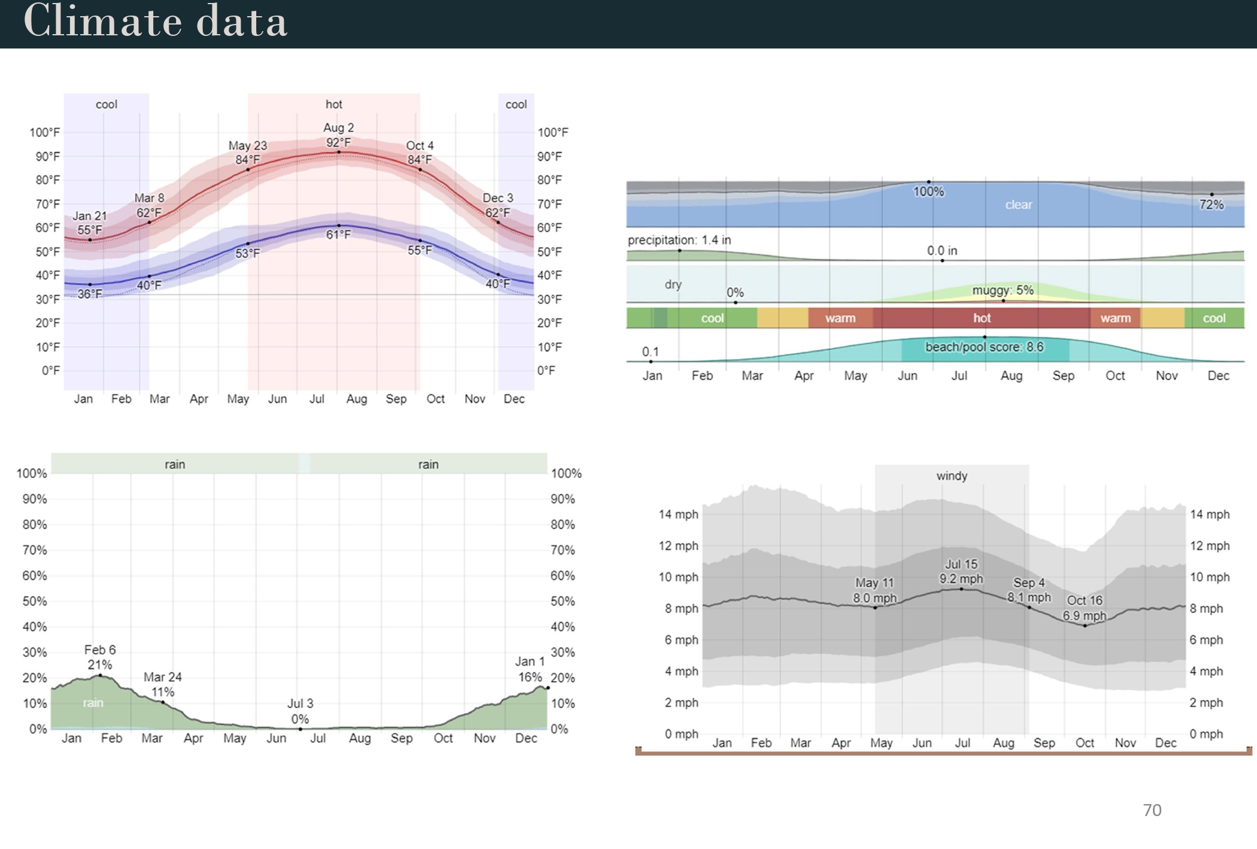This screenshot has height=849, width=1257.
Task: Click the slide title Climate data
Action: [x=155, y=22]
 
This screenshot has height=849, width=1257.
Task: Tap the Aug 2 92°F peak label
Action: [x=338, y=135]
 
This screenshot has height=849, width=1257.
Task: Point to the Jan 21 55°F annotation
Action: [x=90, y=223]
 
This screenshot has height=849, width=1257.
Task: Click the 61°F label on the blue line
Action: [x=338, y=235]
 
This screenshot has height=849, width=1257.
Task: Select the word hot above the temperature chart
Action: [x=333, y=104]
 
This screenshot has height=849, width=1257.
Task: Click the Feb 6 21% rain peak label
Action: [x=100, y=657]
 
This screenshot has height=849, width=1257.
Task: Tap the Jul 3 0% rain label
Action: [x=300, y=711]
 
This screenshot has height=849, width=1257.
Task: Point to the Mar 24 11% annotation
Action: [x=162, y=684]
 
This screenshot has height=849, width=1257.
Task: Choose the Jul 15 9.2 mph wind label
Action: [x=961, y=571]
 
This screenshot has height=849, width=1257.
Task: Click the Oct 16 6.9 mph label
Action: [x=1084, y=608]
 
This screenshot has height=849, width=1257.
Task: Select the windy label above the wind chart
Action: [x=951, y=476]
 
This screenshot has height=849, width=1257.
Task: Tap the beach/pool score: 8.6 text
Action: [x=984, y=347]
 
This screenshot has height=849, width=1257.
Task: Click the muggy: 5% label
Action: [x=1003, y=290]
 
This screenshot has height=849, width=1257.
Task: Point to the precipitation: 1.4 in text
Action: [x=679, y=240]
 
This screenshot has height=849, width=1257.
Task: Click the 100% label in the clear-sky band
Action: [x=928, y=192]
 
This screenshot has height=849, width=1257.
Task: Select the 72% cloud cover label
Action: [x=1211, y=205]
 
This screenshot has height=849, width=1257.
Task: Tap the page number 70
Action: [x=1152, y=810]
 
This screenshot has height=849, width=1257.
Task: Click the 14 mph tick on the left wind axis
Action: [x=678, y=514]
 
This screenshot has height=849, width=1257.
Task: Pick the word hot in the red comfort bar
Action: [x=982, y=318]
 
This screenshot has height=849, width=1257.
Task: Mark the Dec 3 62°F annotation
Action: [x=497, y=205]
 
